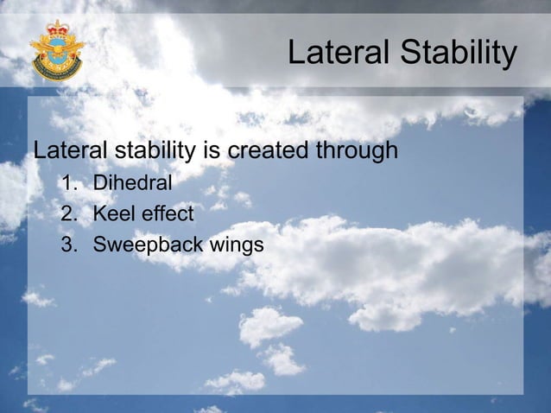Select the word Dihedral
(x=132, y=183)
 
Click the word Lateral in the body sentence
(x=68, y=152)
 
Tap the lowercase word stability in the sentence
(x=153, y=152)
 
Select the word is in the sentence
(x=210, y=152)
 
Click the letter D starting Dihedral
(x=99, y=183)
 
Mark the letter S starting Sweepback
(x=99, y=245)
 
